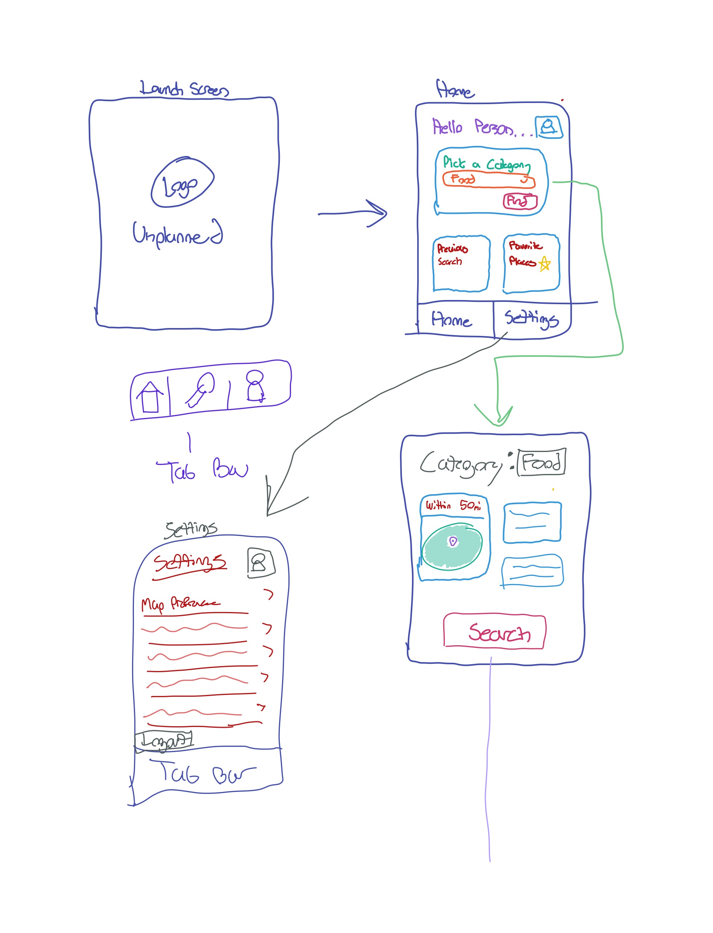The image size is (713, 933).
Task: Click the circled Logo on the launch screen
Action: click(x=182, y=182)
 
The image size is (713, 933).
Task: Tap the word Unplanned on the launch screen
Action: click(x=177, y=234)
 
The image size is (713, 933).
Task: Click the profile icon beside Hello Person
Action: click(x=549, y=127)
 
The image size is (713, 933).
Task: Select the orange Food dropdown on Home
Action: click(x=488, y=180)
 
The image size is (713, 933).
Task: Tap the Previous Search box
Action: click(x=461, y=263)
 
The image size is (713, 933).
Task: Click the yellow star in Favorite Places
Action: click(x=544, y=264)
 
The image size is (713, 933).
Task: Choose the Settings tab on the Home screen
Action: click(x=531, y=319)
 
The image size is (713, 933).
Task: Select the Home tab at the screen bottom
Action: click(x=451, y=319)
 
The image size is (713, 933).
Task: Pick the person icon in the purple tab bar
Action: click(x=255, y=386)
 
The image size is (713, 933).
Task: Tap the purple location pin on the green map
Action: click(x=453, y=541)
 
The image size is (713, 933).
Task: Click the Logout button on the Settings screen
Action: click(x=164, y=741)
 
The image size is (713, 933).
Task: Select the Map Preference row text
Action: click(x=180, y=603)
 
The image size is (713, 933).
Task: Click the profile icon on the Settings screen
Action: click(x=260, y=563)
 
